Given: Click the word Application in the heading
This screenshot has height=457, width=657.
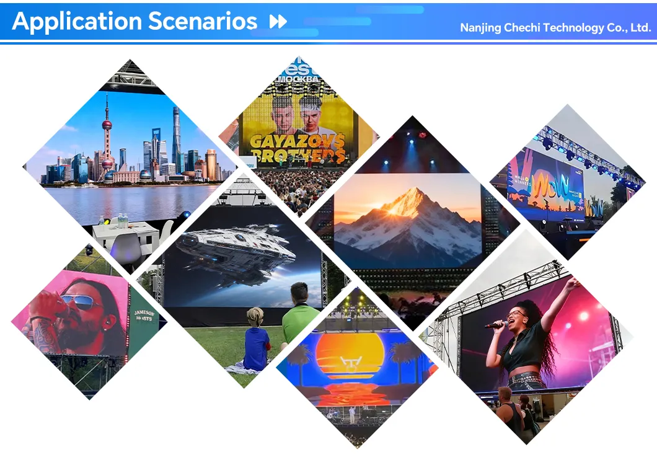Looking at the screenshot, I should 73,22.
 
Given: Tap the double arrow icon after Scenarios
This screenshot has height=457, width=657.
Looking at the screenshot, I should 278,22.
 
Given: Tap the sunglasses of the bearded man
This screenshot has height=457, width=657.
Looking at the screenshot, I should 78,303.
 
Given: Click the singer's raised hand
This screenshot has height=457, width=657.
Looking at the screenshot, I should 570,283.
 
